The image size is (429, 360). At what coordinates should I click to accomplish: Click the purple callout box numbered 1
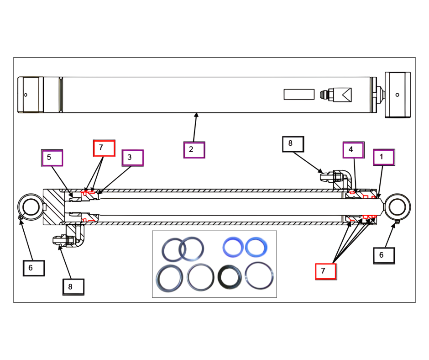click(384, 157)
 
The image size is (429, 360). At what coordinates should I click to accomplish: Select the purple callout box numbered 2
click(194, 150)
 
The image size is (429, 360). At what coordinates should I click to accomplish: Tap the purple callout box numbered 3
click(133, 158)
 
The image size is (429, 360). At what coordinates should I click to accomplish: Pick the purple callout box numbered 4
click(354, 150)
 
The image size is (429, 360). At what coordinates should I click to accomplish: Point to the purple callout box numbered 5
click(52, 158)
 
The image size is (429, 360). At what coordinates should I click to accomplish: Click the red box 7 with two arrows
click(104, 148)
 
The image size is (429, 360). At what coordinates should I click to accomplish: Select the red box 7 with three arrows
click(326, 271)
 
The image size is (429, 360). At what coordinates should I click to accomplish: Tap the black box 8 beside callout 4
click(293, 144)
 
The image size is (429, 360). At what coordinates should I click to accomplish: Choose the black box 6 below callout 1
click(384, 256)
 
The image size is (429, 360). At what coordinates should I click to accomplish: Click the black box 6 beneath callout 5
click(34, 268)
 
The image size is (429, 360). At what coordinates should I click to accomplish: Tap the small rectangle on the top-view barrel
click(299, 95)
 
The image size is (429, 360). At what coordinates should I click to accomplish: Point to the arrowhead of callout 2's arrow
click(196, 115)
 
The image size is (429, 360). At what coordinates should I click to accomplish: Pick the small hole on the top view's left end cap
click(26, 95)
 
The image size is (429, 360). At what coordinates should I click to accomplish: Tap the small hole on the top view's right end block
click(397, 95)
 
